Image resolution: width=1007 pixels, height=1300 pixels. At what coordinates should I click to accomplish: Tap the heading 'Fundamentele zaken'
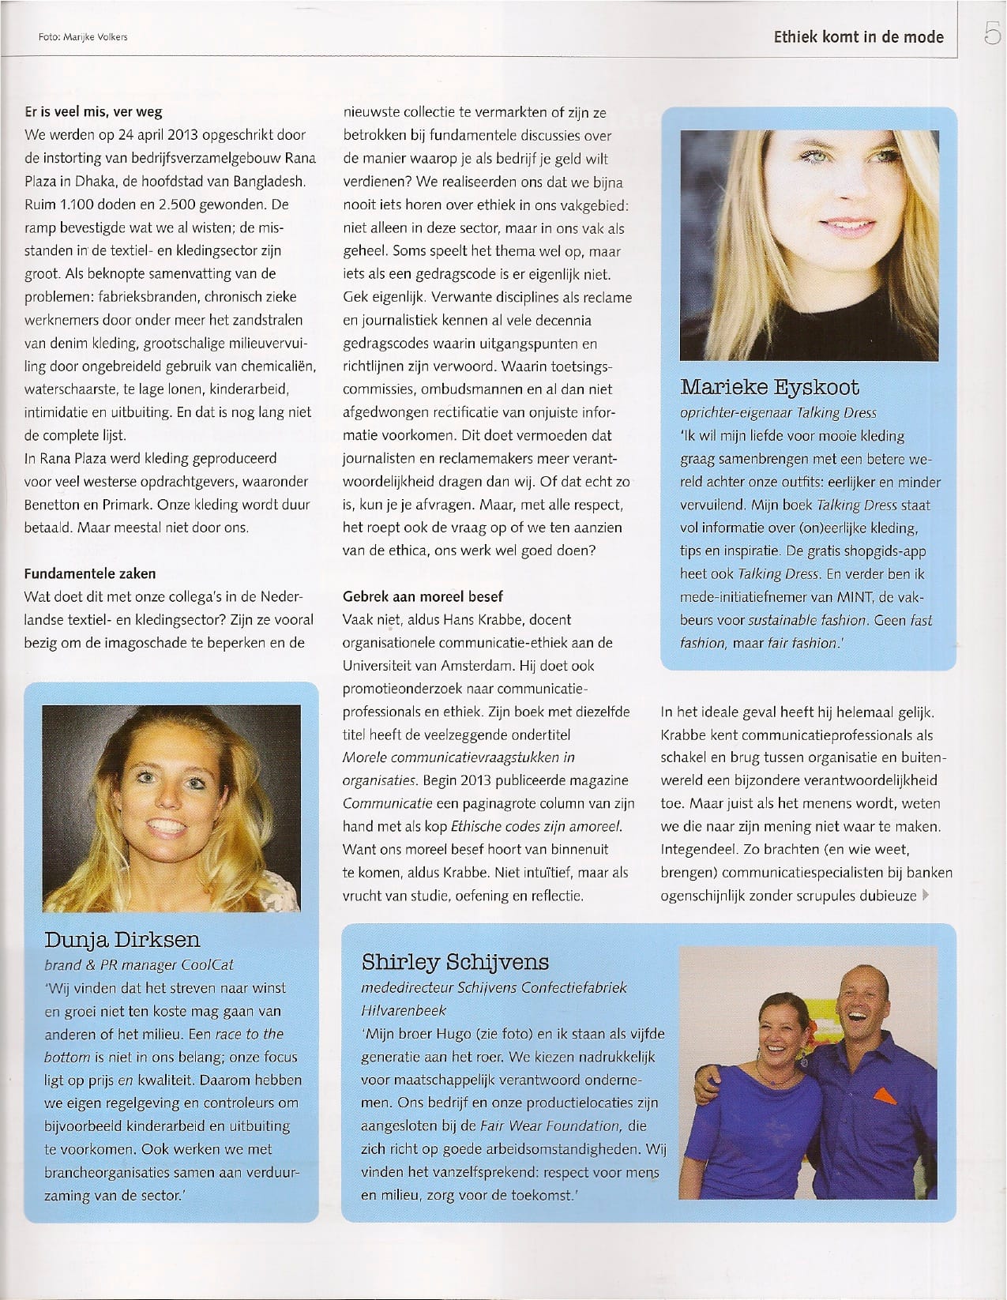click(x=90, y=573)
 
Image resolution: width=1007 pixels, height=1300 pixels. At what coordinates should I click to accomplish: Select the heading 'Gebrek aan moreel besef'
click(x=423, y=596)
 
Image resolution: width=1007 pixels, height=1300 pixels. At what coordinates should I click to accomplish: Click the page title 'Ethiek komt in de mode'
click(x=859, y=36)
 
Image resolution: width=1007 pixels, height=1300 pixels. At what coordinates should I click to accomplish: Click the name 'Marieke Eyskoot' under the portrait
click(x=769, y=387)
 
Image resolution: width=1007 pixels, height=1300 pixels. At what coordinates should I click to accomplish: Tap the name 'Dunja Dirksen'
click(x=122, y=939)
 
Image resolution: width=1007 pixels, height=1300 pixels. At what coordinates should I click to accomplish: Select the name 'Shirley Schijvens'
click(x=455, y=962)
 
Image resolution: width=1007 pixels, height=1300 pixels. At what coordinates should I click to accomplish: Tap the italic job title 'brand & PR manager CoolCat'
click(x=139, y=964)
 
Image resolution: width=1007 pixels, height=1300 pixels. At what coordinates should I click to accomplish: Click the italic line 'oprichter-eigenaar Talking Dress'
click(x=778, y=412)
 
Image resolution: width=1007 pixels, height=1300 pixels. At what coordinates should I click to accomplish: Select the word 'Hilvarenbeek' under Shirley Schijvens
click(x=404, y=1010)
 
